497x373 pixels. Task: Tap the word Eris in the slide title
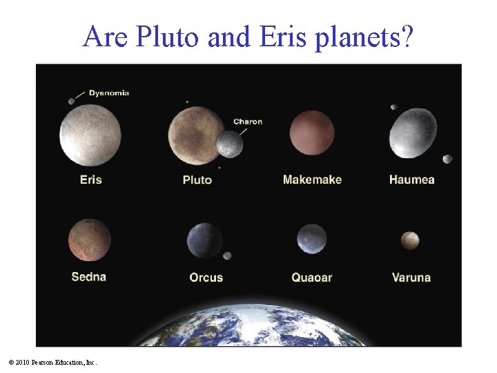286,37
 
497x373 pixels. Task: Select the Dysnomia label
108,93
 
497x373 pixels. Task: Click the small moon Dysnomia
71,102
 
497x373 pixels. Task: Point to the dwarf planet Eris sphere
90,135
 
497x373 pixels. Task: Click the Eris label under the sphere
90,180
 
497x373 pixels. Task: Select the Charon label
247,122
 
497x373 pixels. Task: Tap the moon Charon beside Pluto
230,144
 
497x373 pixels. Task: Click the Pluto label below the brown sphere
197,180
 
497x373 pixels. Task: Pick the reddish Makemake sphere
312,133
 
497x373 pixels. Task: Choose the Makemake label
312,180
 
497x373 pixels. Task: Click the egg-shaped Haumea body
413,133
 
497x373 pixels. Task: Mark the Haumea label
411,180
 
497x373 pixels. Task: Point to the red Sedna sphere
89,239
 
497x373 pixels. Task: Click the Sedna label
88,277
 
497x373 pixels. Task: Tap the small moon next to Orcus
227,256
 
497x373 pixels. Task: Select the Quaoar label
311,278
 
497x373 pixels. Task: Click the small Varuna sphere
410,240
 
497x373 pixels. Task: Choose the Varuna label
411,278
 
